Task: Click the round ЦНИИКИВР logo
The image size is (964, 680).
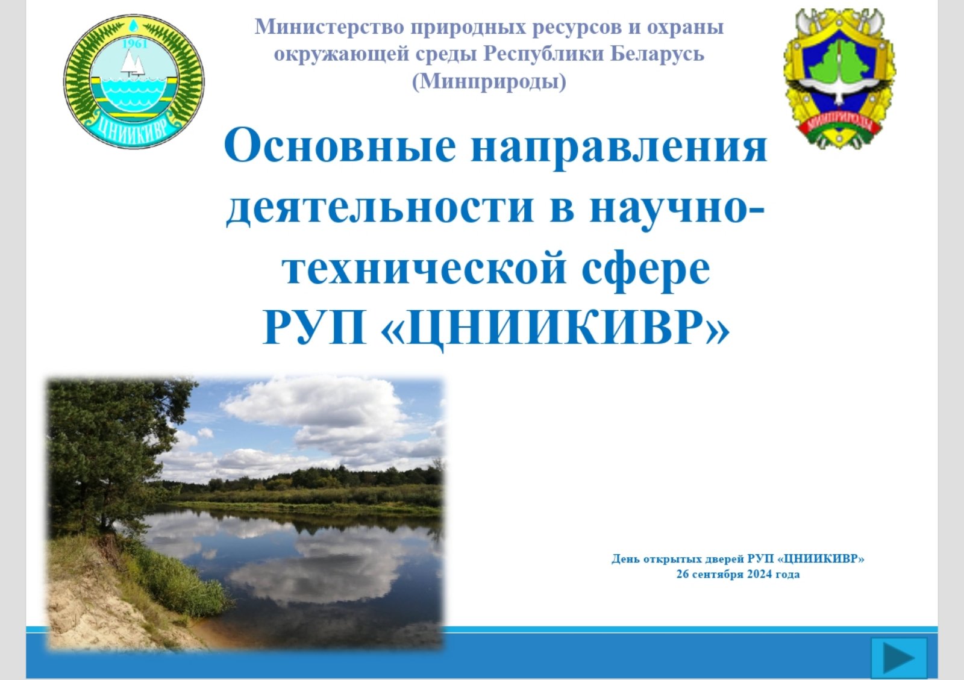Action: tap(134, 82)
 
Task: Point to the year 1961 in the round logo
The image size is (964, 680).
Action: tap(135, 44)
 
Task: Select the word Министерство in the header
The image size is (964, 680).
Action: tap(329, 27)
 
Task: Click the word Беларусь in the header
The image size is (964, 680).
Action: tap(657, 54)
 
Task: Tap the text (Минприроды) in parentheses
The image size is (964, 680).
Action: tap(489, 82)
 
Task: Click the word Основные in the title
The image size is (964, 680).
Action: tap(340, 145)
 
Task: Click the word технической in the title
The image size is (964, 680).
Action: tap(424, 269)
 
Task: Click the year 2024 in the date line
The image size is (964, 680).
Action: tap(760, 574)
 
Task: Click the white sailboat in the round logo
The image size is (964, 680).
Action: tap(132, 64)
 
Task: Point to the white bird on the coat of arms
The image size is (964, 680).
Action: tap(839, 88)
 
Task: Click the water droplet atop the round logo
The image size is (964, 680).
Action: tap(134, 25)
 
